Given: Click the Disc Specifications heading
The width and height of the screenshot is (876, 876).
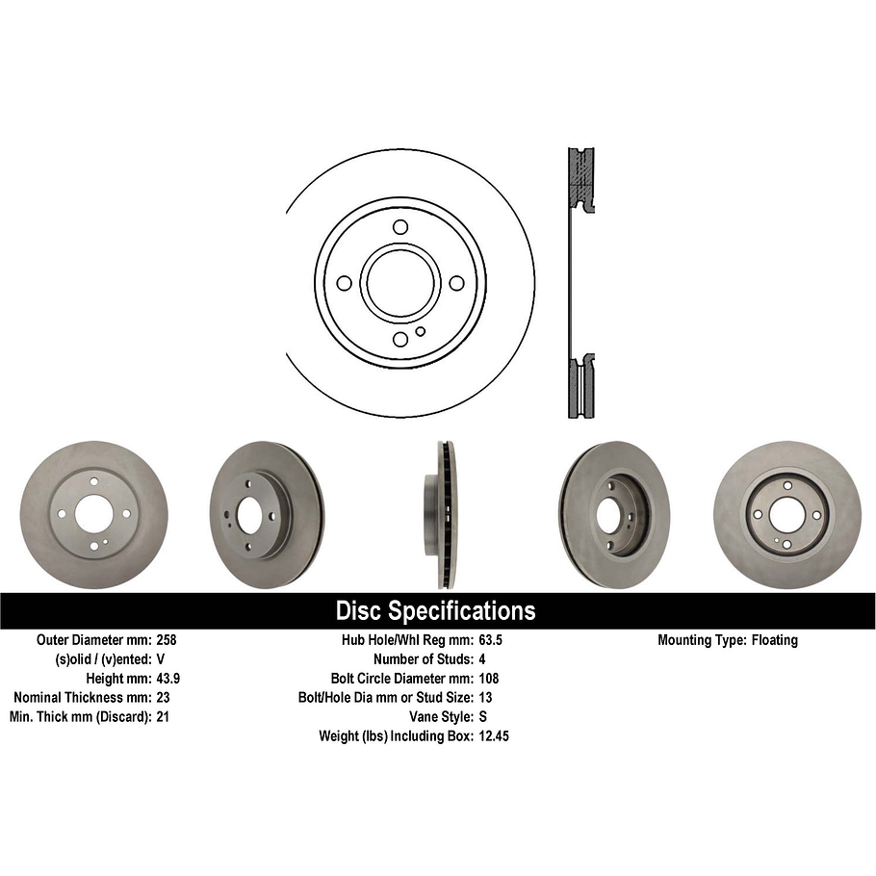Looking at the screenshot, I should [x=435, y=611].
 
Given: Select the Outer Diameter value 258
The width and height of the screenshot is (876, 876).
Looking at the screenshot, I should [x=167, y=640].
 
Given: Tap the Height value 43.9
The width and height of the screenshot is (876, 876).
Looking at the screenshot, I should [x=168, y=678].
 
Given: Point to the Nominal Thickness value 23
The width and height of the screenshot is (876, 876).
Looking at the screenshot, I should [x=163, y=697].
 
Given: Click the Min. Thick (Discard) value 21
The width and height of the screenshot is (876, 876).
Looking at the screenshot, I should [x=163, y=716].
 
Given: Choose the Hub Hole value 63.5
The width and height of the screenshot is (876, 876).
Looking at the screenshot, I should [x=491, y=640].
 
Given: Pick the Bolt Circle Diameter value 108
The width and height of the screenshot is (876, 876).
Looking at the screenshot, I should [x=488, y=678].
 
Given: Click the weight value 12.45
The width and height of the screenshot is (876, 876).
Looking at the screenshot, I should [x=494, y=735].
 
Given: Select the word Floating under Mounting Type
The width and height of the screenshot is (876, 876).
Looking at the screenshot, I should [x=774, y=640].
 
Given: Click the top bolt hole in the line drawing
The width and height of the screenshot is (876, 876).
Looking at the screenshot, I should [x=400, y=227].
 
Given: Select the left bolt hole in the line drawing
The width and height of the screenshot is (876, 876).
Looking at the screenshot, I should [x=344, y=283].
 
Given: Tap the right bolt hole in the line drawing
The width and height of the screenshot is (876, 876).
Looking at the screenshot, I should [x=456, y=283].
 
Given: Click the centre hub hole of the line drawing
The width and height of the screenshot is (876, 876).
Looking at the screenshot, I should [x=400, y=283].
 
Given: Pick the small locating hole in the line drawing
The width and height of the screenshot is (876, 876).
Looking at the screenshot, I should [x=421, y=332].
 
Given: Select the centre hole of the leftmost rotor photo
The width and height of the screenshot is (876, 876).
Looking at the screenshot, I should [x=93, y=515].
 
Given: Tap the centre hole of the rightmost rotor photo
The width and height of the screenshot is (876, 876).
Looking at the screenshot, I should [x=786, y=514].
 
